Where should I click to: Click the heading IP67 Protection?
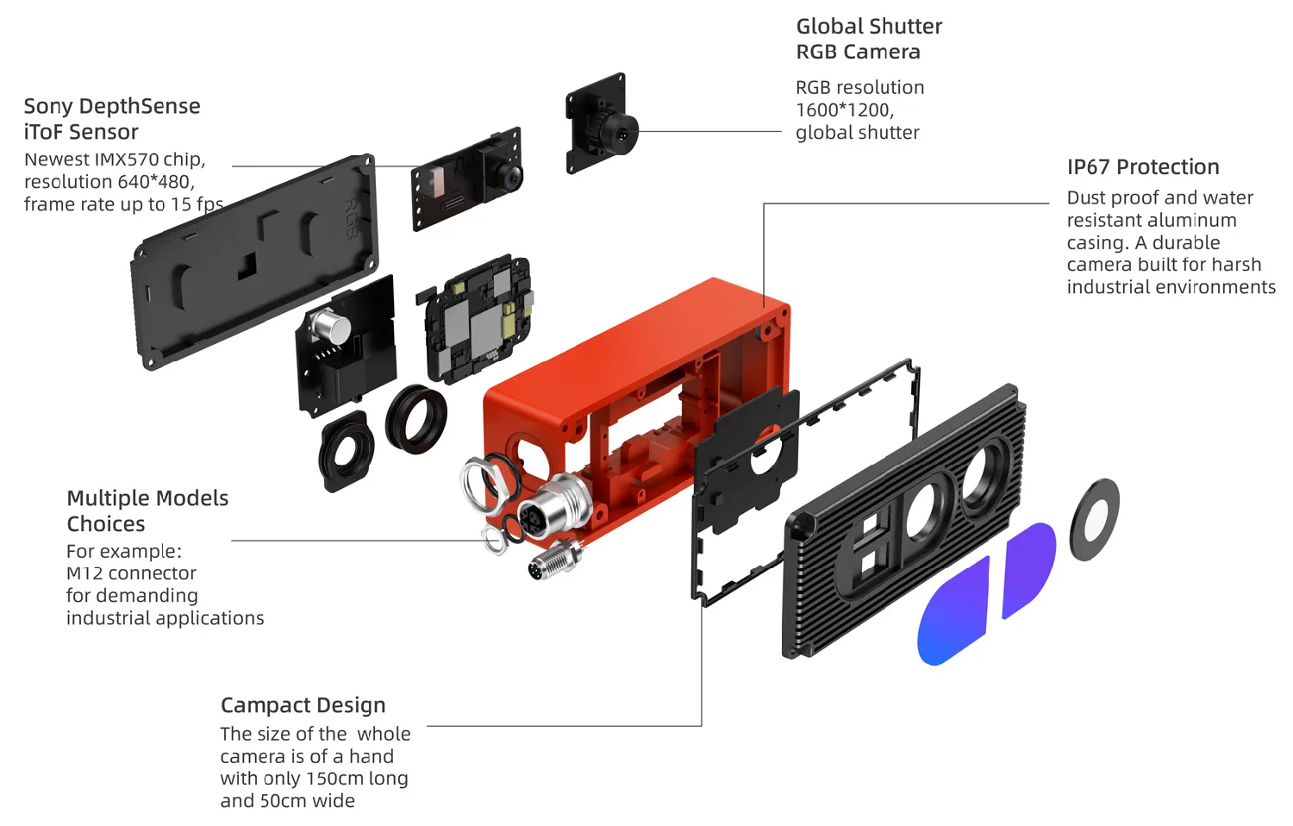coord(1142,166)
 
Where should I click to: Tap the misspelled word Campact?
coord(261,705)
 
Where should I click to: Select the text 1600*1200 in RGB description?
coord(843,110)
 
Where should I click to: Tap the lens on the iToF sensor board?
coord(509,178)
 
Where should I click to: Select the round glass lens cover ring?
coord(1094,520)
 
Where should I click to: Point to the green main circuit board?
coord(479,319)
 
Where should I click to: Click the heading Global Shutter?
coord(868,27)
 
